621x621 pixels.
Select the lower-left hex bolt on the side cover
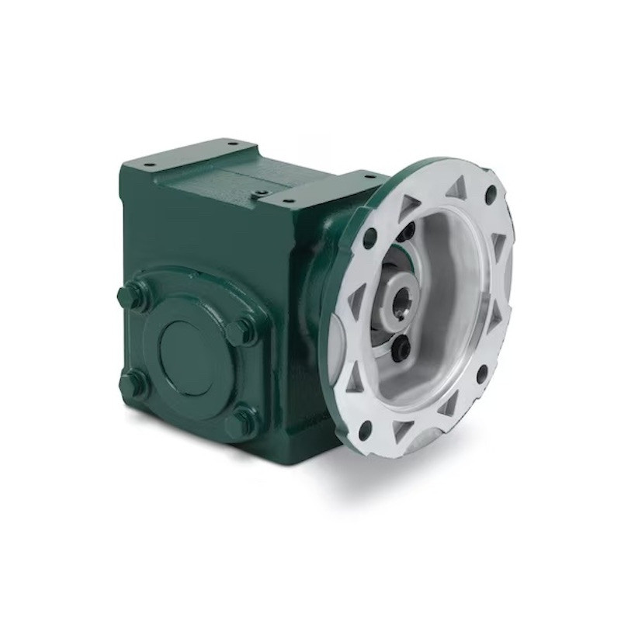132,381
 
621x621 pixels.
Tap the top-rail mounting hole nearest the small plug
277,199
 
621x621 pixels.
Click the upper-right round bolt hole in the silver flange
490,193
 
